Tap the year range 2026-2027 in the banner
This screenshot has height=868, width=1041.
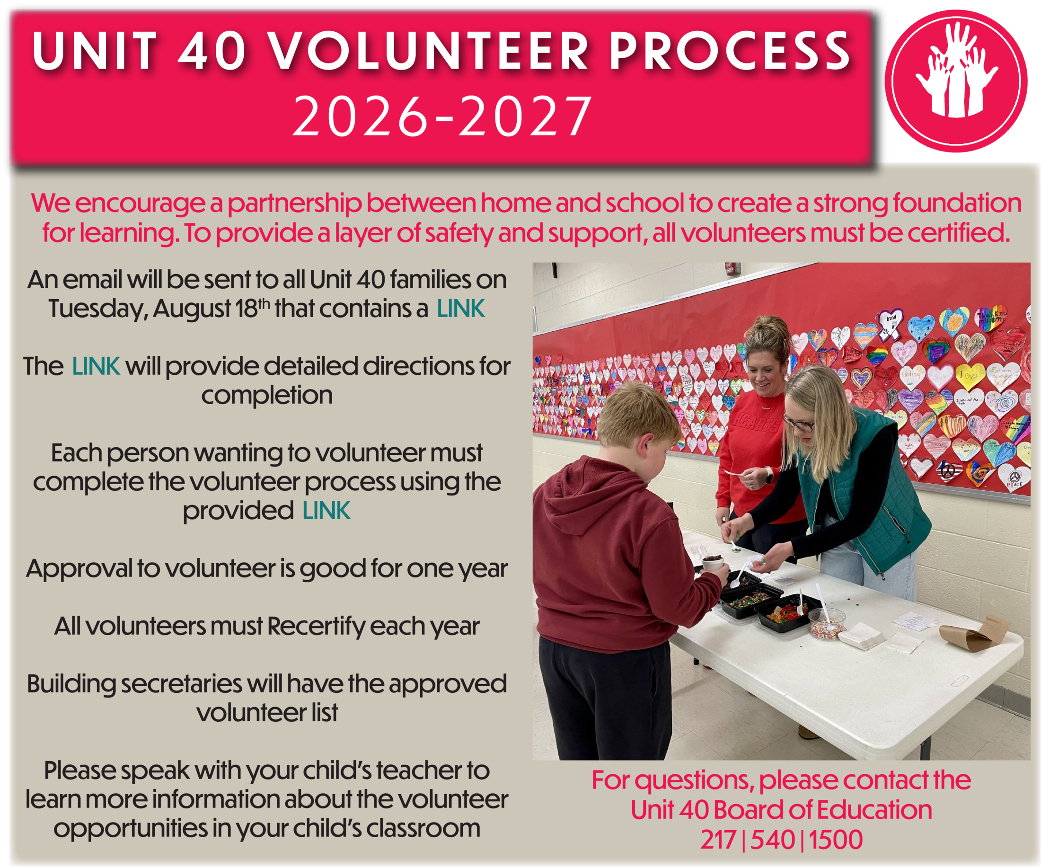pyautogui.click(x=443, y=116)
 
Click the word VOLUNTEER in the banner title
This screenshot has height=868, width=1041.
pyautogui.click(x=429, y=51)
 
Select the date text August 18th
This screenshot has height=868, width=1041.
pyautogui.click(x=212, y=308)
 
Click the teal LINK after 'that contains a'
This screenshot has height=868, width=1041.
pyautogui.click(x=460, y=308)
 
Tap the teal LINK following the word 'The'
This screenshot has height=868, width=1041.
pyautogui.click(x=96, y=366)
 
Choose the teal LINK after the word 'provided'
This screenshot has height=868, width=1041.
pyautogui.click(x=326, y=511)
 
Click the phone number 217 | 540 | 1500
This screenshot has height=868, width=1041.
pyautogui.click(x=782, y=840)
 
